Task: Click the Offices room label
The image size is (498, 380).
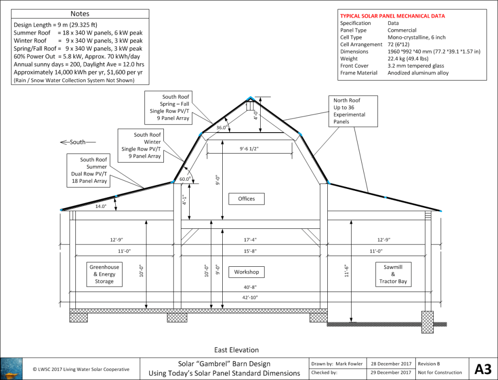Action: (x=247, y=199)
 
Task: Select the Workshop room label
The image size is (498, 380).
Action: (x=247, y=272)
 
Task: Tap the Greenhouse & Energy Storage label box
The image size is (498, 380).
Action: (x=104, y=274)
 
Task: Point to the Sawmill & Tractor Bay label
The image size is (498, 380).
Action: (x=393, y=274)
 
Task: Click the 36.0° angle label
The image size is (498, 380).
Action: (x=222, y=128)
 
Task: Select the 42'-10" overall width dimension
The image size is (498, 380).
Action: (x=251, y=297)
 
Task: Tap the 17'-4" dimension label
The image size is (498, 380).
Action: (x=251, y=240)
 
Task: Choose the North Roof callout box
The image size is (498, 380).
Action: (x=351, y=111)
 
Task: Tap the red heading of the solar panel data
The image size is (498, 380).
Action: (x=392, y=16)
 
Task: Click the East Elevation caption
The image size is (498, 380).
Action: (x=236, y=350)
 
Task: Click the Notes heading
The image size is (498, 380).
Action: (x=80, y=14)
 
